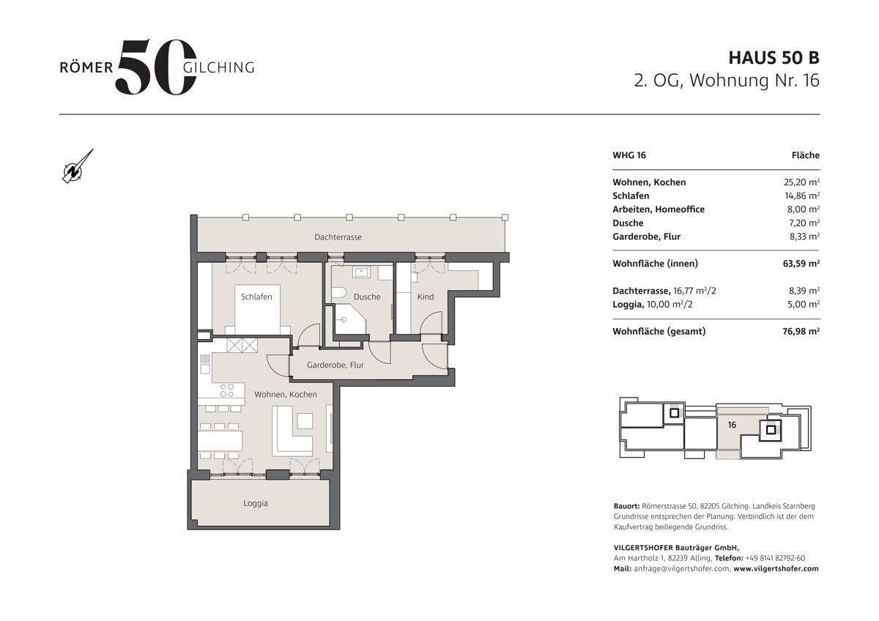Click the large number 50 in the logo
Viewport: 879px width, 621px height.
[x=156, y=67]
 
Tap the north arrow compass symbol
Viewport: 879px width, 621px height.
[x=77, y=168]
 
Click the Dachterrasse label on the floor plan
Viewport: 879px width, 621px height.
[x=338, y=237]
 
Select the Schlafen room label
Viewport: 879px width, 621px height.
[x=256, y=297]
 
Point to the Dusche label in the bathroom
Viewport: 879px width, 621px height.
[x=367, y=297]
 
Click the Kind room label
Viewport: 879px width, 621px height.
[x=426, y=297]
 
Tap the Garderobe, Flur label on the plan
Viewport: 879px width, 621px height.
[x=335, y=365]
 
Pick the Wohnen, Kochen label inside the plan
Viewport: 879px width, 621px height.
[x=286, y=395]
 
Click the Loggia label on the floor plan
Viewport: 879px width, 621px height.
[x=256, y=503]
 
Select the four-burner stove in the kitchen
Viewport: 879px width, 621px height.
[x=227, y=391]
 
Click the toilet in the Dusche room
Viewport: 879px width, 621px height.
[x=338, y=293]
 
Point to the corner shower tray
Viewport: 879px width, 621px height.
[x=349, y=320]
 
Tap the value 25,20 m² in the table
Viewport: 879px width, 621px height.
[x=801, y=182]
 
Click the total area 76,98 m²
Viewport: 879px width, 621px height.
[x=801, y=332]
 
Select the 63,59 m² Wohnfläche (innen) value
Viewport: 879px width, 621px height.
[x=801, y=264]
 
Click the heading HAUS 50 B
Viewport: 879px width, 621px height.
[x=774, y=58]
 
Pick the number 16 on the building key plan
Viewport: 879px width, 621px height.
[x=732, y=425]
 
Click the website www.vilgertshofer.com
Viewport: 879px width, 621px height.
[x=776, y=569]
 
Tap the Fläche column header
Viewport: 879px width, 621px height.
[x=806, y=155]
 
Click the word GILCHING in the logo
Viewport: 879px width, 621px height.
[x=219, y=68]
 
